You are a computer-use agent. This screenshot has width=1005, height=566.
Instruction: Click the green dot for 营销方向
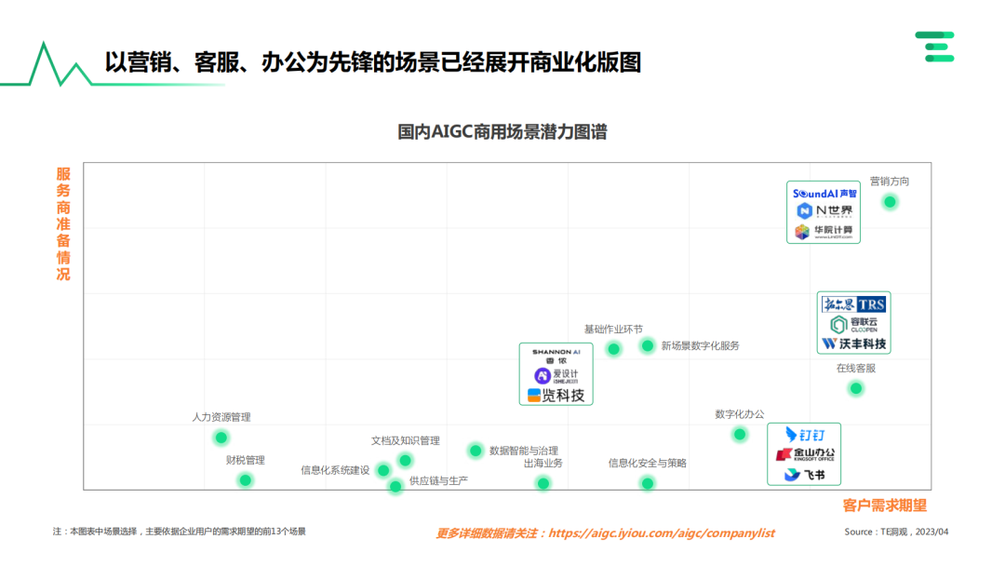click(x=890, y=202)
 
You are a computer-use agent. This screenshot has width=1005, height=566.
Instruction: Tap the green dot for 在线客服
click(x=856, y=388)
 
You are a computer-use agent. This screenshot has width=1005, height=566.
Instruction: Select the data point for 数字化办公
click(x=740, y=435)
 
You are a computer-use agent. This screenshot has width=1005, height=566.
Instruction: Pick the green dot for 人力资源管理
click(x=221, y=438)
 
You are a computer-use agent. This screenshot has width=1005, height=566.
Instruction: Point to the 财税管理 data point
click(x=246, y=480)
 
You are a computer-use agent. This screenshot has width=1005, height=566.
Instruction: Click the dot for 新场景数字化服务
click(x=647, y=345)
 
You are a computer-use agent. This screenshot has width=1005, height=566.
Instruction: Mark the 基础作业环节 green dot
click(x=613, y=349)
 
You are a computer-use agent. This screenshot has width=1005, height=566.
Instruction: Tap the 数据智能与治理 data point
click(x=476, y=451)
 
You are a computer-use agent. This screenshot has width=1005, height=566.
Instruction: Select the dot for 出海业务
click(x=543, y=483)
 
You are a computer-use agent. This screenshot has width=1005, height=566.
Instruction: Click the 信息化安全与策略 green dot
click(x=647, y=483)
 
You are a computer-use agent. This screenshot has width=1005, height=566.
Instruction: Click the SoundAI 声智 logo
click(x=823, y=193)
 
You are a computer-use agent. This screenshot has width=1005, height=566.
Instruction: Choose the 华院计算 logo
click(x=823, y=231)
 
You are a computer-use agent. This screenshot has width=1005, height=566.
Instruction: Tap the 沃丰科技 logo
click(x=853, y=344)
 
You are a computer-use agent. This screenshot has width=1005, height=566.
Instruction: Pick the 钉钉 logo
click(x=804, y=435)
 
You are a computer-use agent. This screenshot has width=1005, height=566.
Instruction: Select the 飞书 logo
click(x=804, y=475)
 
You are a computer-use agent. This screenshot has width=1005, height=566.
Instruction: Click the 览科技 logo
click(x=556, y=396)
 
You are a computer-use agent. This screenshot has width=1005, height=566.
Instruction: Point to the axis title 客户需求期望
click(x=884, y=505)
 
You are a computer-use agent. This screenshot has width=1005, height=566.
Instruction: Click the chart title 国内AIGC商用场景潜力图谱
click(x=502, y=132)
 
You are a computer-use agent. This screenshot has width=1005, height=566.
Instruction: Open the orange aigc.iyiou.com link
click(x=661, y=533)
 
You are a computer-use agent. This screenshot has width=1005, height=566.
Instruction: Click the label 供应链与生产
click(x=438, y=480)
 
